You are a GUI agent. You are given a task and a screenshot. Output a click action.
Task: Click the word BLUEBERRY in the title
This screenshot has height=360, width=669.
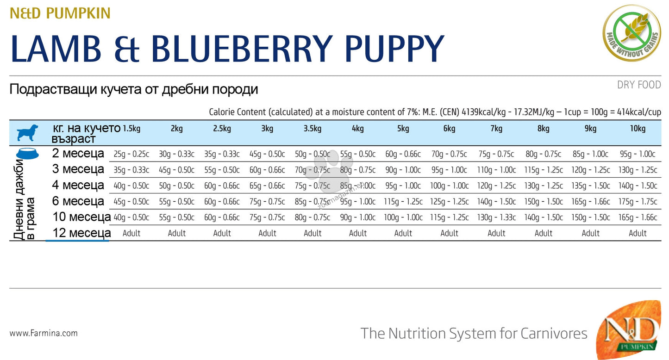click(242, 49)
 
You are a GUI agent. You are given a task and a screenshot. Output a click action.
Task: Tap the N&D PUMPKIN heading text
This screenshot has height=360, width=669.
click(60, 13)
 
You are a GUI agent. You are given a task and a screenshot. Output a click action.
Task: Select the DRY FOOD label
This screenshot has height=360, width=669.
click(639, 85)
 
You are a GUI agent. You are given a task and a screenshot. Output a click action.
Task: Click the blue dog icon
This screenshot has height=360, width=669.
click(28, 132)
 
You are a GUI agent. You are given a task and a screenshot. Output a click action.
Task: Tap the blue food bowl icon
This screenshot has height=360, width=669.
click(27, 154)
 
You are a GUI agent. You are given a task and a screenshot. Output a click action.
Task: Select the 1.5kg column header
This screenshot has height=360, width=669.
click(131, 129)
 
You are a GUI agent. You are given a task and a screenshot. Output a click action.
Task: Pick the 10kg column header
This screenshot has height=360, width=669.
click(638, 129)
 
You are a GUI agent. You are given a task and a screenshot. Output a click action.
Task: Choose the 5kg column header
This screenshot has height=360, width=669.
click(403, 129)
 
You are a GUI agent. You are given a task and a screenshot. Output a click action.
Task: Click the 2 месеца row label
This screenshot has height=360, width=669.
click(78, 154)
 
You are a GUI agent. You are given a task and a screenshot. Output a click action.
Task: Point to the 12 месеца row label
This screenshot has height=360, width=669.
click(81, 233)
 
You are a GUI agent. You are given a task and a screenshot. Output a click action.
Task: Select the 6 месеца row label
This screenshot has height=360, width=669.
click(78, 201)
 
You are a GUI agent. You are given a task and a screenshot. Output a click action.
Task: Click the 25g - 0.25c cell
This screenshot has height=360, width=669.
click(131, 154)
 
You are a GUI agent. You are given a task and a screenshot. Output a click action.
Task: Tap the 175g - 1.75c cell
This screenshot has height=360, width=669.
click(638, 202)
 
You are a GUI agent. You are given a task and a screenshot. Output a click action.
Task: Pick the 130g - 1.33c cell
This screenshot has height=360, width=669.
click(496, 217)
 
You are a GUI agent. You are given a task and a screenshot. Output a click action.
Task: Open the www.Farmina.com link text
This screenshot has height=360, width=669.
click(44, 333)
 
